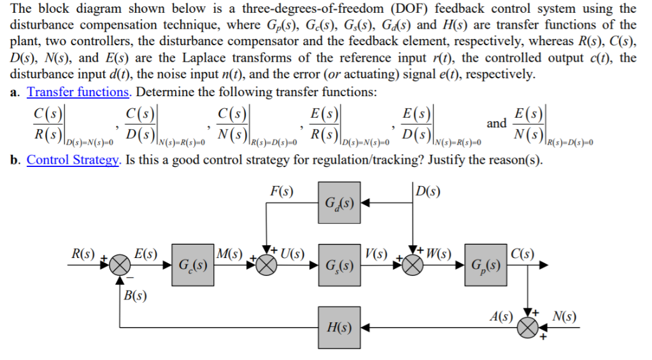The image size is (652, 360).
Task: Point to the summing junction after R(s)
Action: [x=119, y=264]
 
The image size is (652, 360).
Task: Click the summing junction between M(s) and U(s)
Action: [x=267, y=264]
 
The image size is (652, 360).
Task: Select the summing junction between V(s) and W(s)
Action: [x=413, y=264]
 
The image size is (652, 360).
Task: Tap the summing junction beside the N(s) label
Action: [x=528, y=328]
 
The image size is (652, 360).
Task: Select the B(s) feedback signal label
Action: [x=134, y=295]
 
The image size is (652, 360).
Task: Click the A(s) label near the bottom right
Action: [x=500, y=315]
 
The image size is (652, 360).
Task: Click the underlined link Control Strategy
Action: [x=73, y=159]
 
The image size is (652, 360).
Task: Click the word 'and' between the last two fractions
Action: [x=497, y=122]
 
